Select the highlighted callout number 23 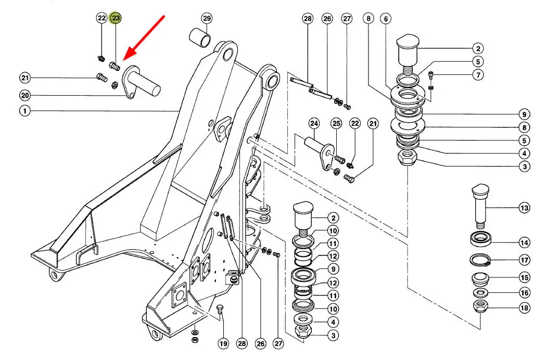116,18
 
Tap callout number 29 207,19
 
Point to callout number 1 24,110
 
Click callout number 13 524,208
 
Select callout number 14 524,242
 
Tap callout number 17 524,260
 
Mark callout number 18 524,308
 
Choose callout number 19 223,343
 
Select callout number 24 313,124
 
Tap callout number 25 336,124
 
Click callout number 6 386,19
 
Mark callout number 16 524,293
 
